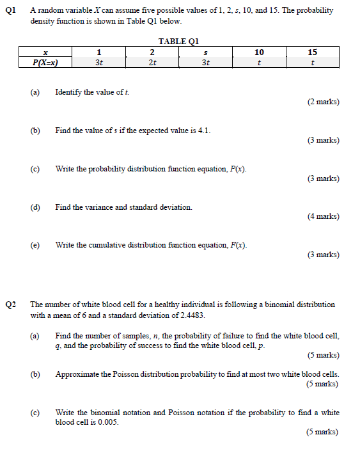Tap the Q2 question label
tap(10, 305)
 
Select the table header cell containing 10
tap(258, 52)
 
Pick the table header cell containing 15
tap(312, 52)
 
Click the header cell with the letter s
tap(205, 52)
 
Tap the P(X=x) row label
tap(45, 63)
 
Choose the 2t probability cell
tap(152, 63)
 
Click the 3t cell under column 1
tap(98, 63)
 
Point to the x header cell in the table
tap(45, 52)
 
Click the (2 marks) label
tap(323, 102)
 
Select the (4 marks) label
tap(323, 216)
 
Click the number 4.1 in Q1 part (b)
tap(204, 131)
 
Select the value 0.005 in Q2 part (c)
tap(107, 422)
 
